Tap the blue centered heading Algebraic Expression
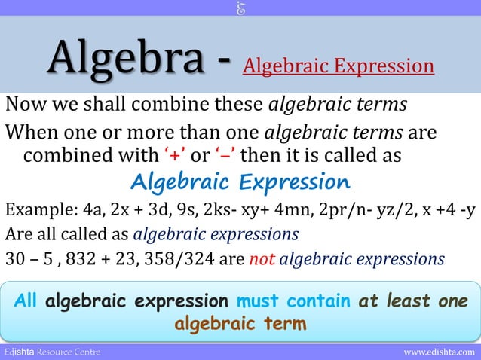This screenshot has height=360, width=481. pyautogui.click(x=240, y=182)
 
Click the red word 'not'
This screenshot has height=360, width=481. pyautogui.click(x=262, y=259)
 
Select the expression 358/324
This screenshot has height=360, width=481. pyautogui.click(x=195, y=259)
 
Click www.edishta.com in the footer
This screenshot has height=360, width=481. pyautogui.click(x=440, y=352)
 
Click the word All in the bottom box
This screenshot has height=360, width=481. pyautogui.click(x=28, y=301)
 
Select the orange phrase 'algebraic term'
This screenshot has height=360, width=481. pyautogui.click(x=240, y=324)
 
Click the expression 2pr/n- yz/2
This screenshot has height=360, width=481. pyautogui.click(x=369, y=209)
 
